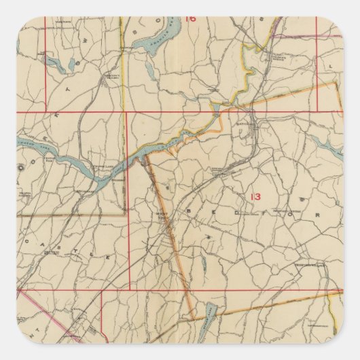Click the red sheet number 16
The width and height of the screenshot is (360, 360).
tap(190, 18)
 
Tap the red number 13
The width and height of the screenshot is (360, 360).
tap(255, 197)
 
